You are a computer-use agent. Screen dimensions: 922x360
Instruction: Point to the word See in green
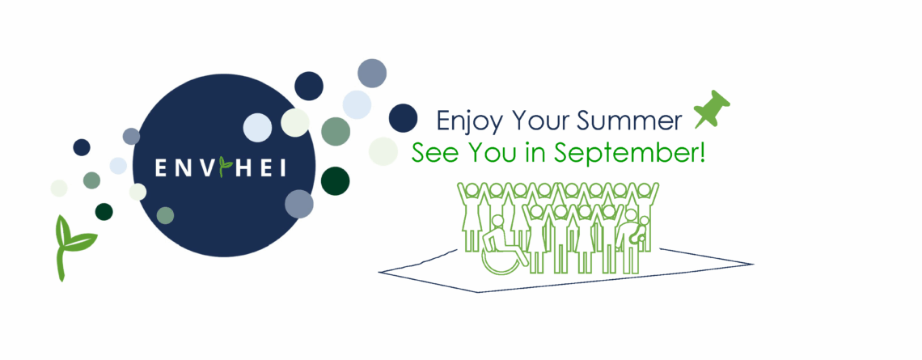[x=430, y=152]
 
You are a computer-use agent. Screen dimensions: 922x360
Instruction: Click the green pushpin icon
[x=712, y=109]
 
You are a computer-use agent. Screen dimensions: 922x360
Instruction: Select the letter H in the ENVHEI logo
[x=244, y=167]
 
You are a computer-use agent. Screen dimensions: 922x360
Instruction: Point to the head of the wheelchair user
[x=498, y=222]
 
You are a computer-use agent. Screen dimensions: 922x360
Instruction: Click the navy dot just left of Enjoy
[x=403, y=117]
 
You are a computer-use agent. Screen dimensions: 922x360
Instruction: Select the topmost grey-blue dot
[x=372, y=73]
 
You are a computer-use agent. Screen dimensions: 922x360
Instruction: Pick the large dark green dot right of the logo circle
[x=335, y=181]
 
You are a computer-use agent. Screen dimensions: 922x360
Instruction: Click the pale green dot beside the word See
[x=383, y=152]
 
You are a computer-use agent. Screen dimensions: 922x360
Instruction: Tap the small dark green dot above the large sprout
[x=104, y=212]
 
